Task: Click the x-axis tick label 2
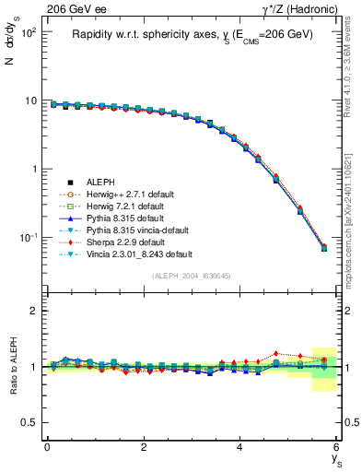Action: coord(144,447)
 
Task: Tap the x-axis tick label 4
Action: coord(240,447)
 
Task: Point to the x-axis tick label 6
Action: coord(337,447)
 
